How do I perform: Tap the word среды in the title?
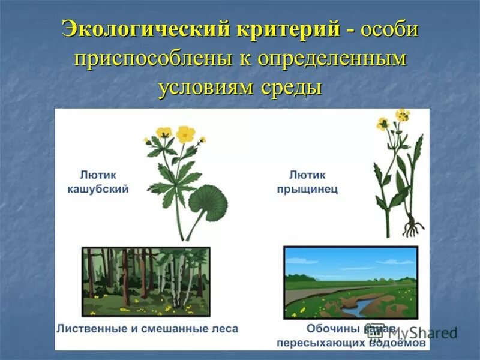(x=292, y=88)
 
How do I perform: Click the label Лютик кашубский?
(x=104, y=182)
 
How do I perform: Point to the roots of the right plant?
(x=412, y=226)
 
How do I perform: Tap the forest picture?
(x=146, y=281)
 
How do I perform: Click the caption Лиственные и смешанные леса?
(x=148, y=329)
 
